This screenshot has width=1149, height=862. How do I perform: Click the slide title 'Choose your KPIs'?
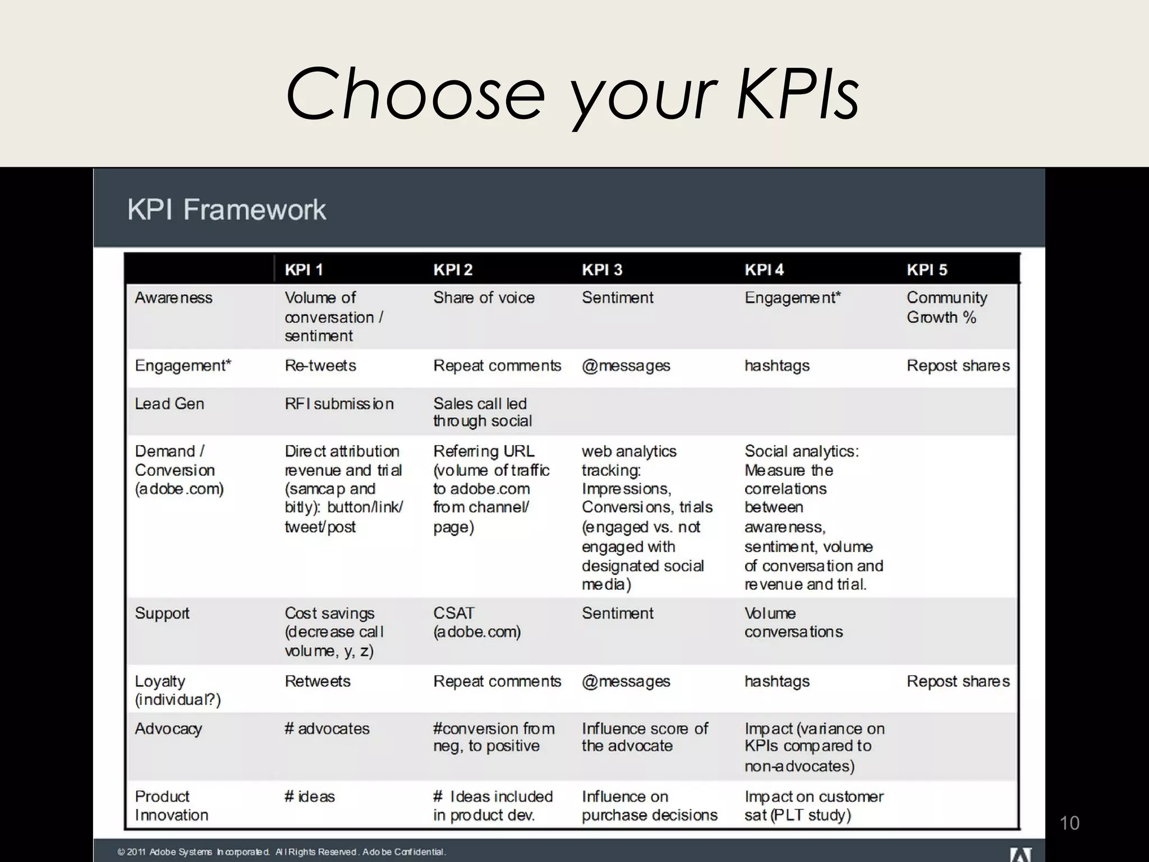click(x=572, y=94)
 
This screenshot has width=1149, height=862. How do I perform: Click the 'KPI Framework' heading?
click(x=226, y=210)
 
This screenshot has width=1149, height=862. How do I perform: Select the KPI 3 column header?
click(x=601, y=270)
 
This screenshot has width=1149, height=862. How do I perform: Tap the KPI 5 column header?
click(x=926, y=270)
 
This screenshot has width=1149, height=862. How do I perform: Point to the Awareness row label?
click(x=173, y=297)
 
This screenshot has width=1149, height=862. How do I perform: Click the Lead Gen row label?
click(x=169, y=404)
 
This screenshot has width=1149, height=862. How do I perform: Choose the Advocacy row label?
click(x=168, y=728)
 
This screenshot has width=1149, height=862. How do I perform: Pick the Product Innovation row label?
click(x=171, y=805)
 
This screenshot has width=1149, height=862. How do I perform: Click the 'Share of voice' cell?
click(x=484, y=297)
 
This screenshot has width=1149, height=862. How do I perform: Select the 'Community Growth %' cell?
click(x=946, y=307)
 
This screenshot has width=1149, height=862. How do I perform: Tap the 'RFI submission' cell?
click(x=339, y=404)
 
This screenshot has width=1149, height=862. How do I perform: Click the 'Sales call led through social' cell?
click(x=482, y=412)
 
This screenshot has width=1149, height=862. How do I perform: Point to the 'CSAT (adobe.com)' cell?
click(x=476, y=622)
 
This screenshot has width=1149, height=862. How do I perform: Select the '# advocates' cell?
click(x=327, y=728)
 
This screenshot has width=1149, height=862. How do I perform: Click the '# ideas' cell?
click(x=309, y=796)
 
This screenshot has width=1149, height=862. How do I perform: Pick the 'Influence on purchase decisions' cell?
click(x=649, y=805)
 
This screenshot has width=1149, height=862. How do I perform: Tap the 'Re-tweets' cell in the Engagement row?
click(x=320, y=365)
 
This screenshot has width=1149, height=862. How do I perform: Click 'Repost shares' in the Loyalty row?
click(x=958, y=681)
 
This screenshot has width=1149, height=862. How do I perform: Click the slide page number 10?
click(x=1069, y=823)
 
